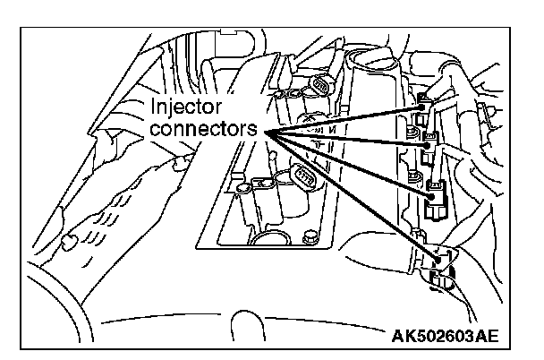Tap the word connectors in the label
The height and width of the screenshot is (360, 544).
tap(203, 129)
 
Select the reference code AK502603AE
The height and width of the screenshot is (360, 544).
tap(445, 338)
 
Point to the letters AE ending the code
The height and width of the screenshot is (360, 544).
tap(488, 338)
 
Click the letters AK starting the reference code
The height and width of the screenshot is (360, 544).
tap(402, 338)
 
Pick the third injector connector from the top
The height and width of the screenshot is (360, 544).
tap(435, 193)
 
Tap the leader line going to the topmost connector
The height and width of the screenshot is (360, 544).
tap(344, 120)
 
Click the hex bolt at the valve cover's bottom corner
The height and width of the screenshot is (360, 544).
tap(310, 239)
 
